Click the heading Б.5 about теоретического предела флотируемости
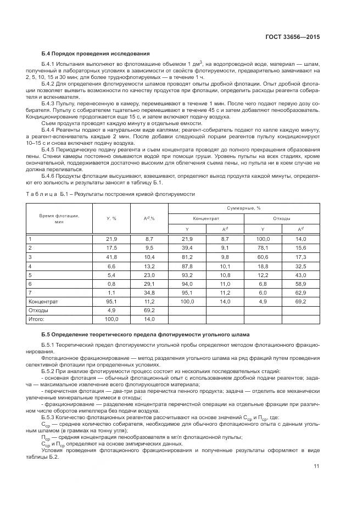point(146,334)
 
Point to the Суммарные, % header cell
point(243,208)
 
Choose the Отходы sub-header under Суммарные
point(281,218)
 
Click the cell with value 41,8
point(111,257)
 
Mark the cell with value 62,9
point(300,292)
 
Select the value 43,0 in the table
point(300,274)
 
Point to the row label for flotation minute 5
point(30,274)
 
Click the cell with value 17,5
point(111,248)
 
